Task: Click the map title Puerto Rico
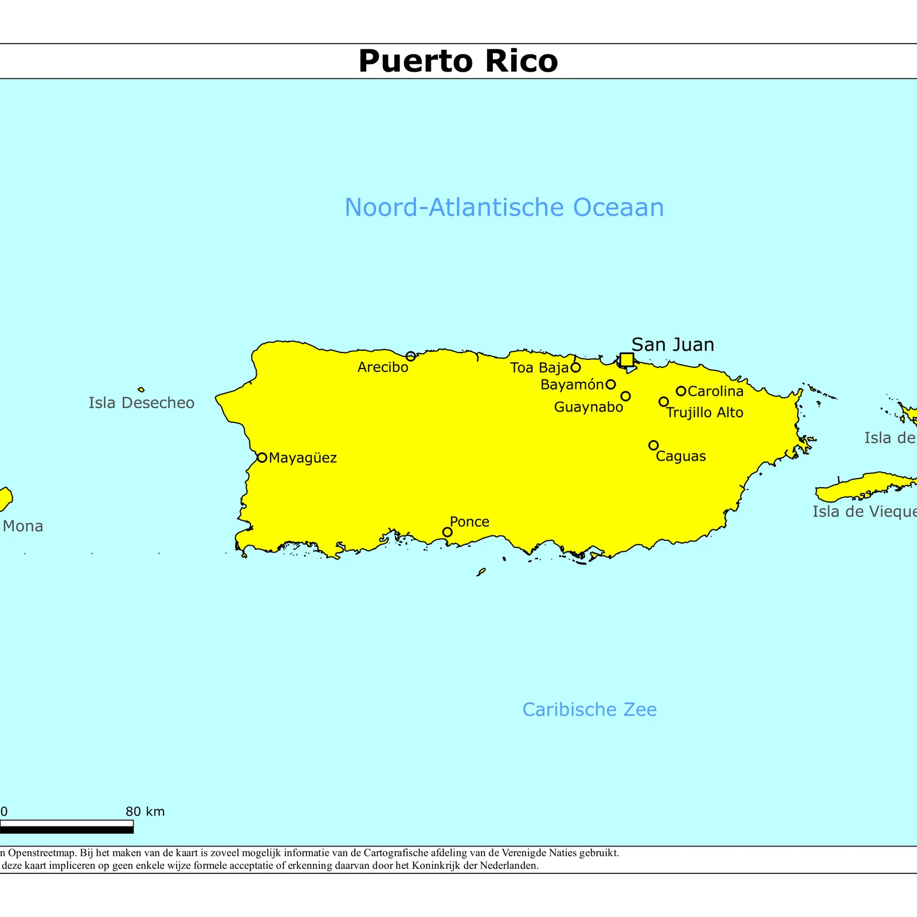(x=458, y=61)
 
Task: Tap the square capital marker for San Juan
(x=627, y=359)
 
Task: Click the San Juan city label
(x=672, y=344)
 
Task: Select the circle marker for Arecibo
(x=410, y=356)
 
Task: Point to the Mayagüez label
(x=303, y=458)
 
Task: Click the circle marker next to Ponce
(x=448, y=532)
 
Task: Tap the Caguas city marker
(x=653, y=445)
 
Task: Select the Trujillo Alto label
(x=705, y=413)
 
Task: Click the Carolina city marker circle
(x=681, y=391)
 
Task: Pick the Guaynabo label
(x=588, y=407)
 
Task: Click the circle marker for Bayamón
(x=611, y=385)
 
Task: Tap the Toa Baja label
(x=539, y=368)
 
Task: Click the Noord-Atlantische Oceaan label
(x=504, y=207)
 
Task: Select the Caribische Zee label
(x=589, y=710)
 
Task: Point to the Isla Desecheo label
(x=141, y=403)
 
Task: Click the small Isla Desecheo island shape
(x=141, y=390)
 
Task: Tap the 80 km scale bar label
(x=145, y=812)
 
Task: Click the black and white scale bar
(x=66, y=826)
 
